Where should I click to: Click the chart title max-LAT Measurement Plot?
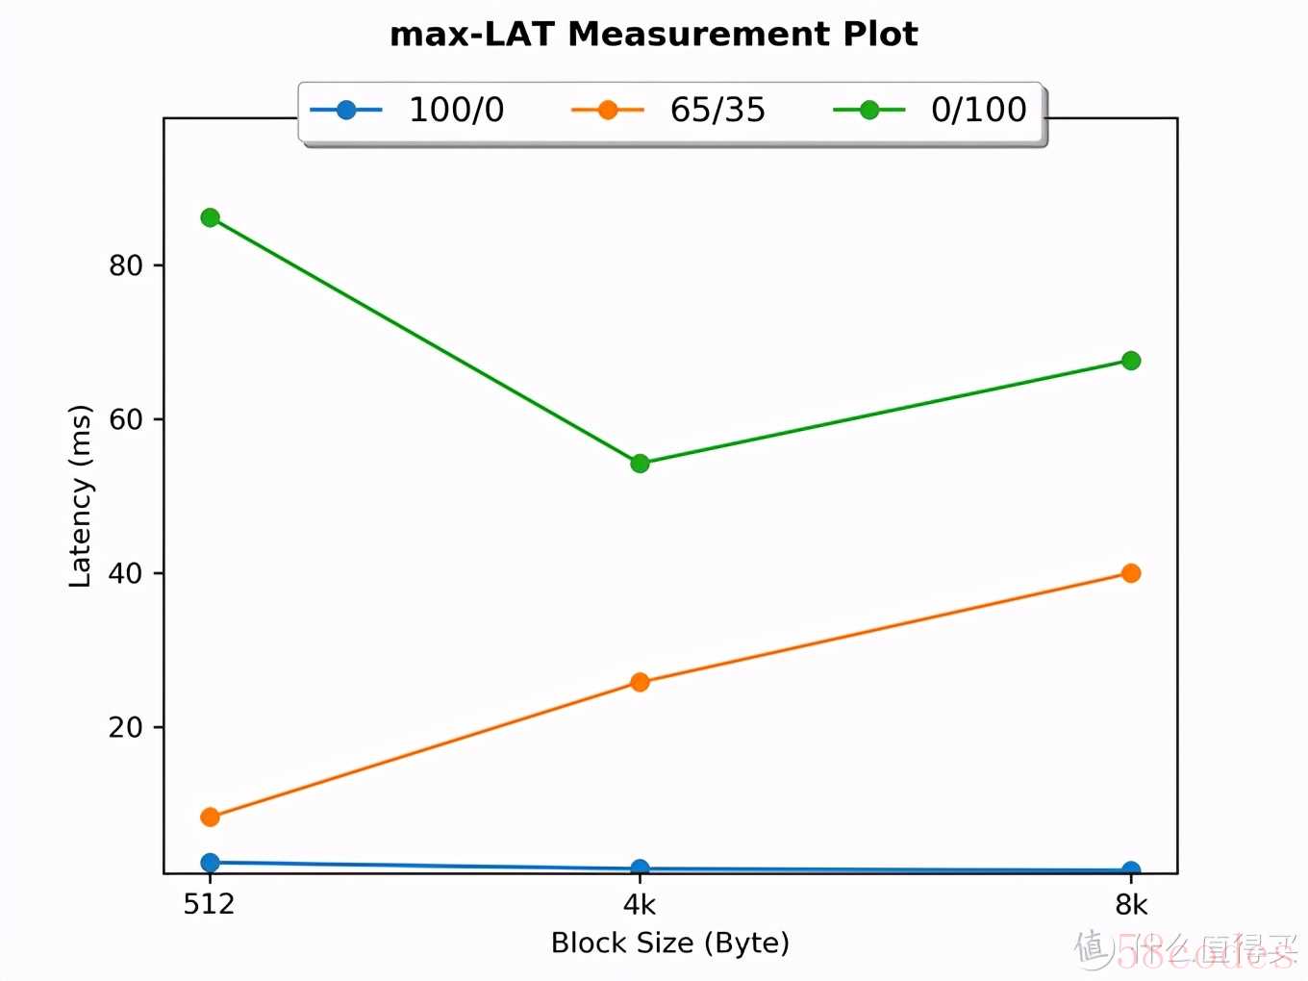click(653, 35)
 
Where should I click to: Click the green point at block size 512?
click(210, 218)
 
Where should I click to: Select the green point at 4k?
click(640, 464)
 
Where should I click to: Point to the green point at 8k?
click(1131, 361)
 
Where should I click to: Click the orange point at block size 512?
click(210, 817)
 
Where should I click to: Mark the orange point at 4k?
click(640, 682)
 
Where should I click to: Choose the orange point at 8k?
click(1131, 573)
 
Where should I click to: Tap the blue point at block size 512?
click(210, 863)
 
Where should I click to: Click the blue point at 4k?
click(640, 868)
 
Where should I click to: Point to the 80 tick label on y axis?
click(125, 265)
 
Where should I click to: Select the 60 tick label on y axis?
click(125, 419)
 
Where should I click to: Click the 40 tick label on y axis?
click(125, 573)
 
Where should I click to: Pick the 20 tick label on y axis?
click(125, 727)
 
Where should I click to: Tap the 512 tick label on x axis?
click(209, 905)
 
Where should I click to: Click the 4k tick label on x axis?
click(640, 905)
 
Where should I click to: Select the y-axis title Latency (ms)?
click(81, 495)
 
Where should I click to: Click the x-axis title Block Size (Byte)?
click(670, 943)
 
